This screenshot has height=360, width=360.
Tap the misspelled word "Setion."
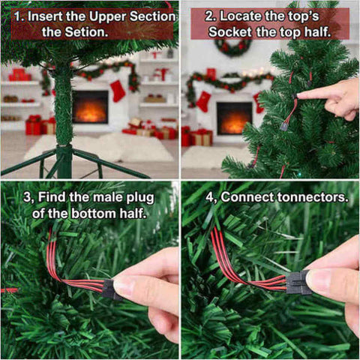(87, 32)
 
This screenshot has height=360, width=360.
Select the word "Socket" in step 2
(230, 32)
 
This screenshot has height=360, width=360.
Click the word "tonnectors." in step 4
(313, 197)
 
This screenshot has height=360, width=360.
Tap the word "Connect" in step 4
(247, 197)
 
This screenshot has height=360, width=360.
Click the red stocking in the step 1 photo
(117, 91)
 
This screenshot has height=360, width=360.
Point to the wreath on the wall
(233, 47)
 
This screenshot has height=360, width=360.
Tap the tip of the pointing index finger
(299, 95)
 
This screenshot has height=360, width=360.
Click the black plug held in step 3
(111, 289)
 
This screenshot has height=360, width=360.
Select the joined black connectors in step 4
(298, 283)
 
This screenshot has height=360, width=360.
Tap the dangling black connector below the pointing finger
(283, 126)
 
